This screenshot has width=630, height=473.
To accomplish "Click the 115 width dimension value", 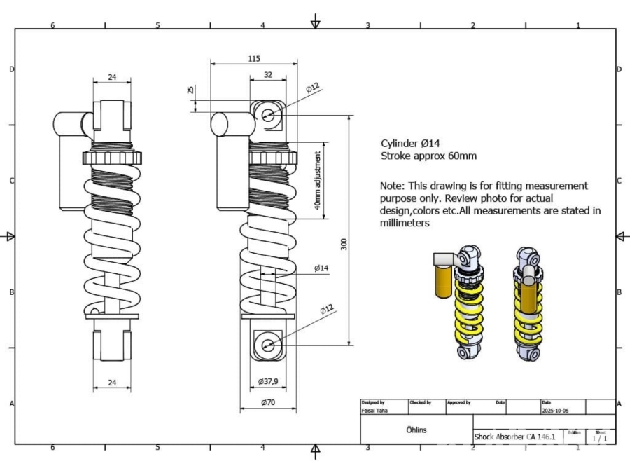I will (253, 59).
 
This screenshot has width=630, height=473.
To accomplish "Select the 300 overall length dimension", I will (344, 244).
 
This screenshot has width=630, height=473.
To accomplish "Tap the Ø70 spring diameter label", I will (268, 403).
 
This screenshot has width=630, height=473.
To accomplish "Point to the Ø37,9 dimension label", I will (268, 382).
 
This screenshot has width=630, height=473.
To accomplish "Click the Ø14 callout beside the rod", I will (321, 268).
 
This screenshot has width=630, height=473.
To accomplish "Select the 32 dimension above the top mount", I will (268, 74).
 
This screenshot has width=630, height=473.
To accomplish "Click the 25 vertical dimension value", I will (190, 90).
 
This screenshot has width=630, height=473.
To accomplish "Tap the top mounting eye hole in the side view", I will (268, 116).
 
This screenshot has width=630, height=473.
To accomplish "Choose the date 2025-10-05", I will (556, 411).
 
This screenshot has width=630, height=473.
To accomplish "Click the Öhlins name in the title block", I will (416, 430).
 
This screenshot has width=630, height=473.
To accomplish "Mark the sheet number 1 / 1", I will (600, 439).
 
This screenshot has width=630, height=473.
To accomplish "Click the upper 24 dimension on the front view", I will (112, 77).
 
